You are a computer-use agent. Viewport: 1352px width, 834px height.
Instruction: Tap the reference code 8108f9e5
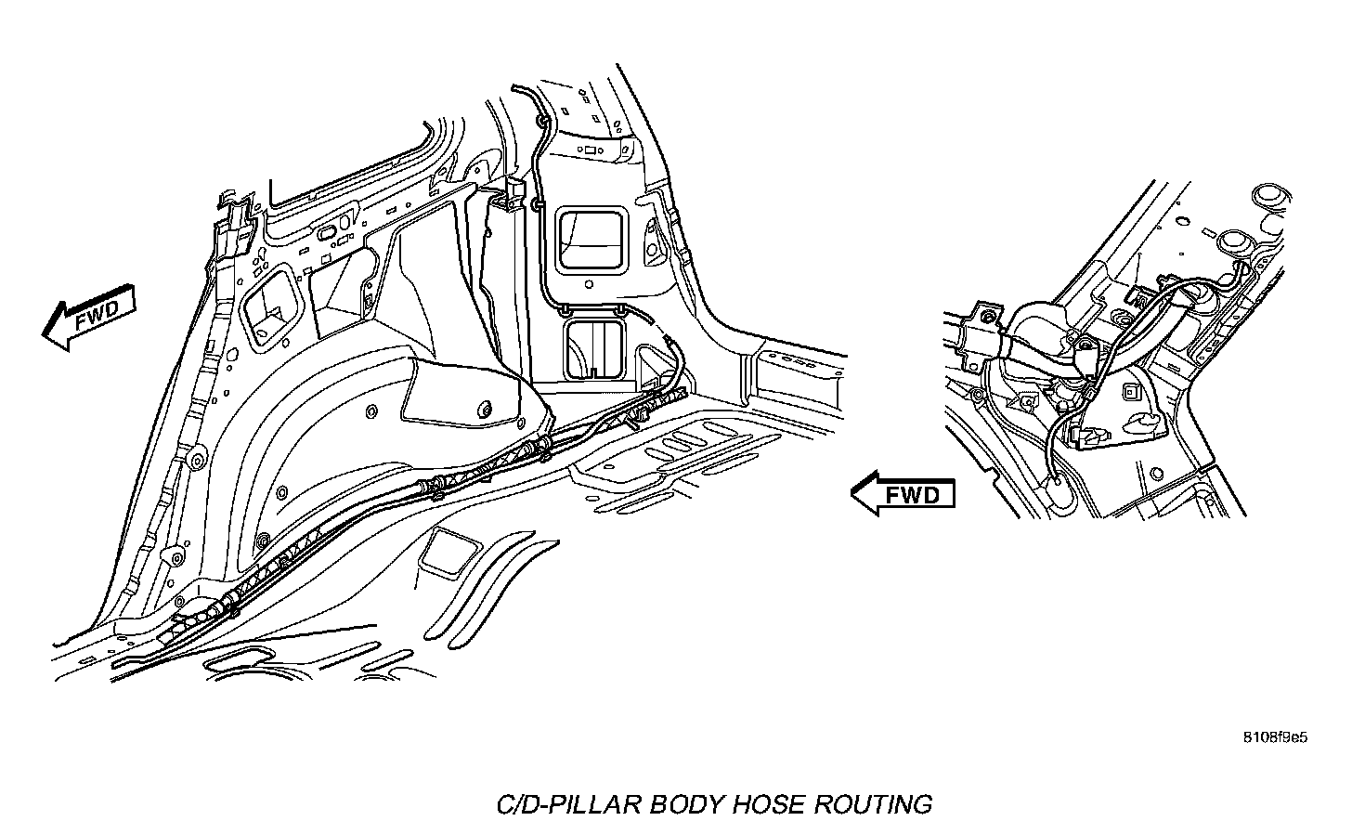click(1276, 738)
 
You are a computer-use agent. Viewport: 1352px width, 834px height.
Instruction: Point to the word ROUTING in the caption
click(872, 803)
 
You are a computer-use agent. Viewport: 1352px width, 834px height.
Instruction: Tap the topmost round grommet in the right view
click(1268, 196)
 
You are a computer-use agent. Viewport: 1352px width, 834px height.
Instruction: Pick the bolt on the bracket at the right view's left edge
click(991, 318)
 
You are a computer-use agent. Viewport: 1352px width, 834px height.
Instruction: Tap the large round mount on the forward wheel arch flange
click(198, 462)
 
